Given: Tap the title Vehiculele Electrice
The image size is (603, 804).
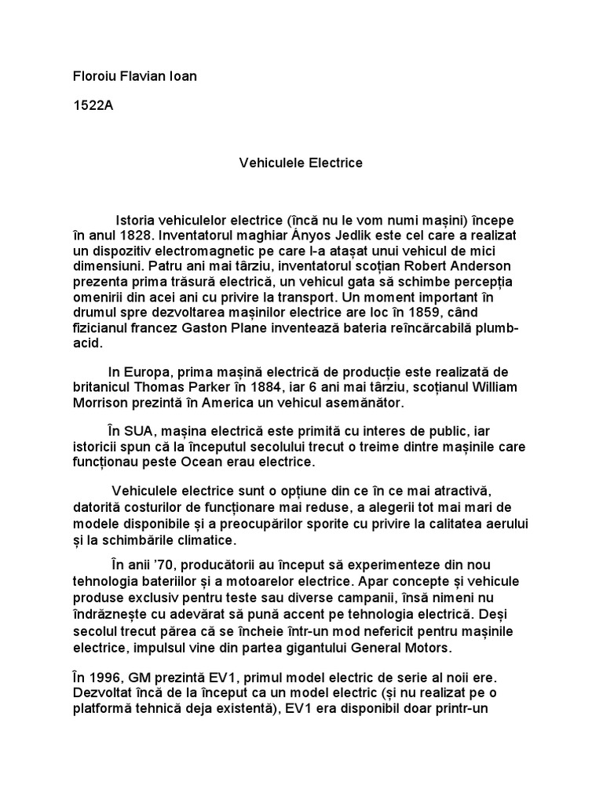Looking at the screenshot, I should (x=301, y=163).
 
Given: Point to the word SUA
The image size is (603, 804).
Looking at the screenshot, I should (x=137, y=431).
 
